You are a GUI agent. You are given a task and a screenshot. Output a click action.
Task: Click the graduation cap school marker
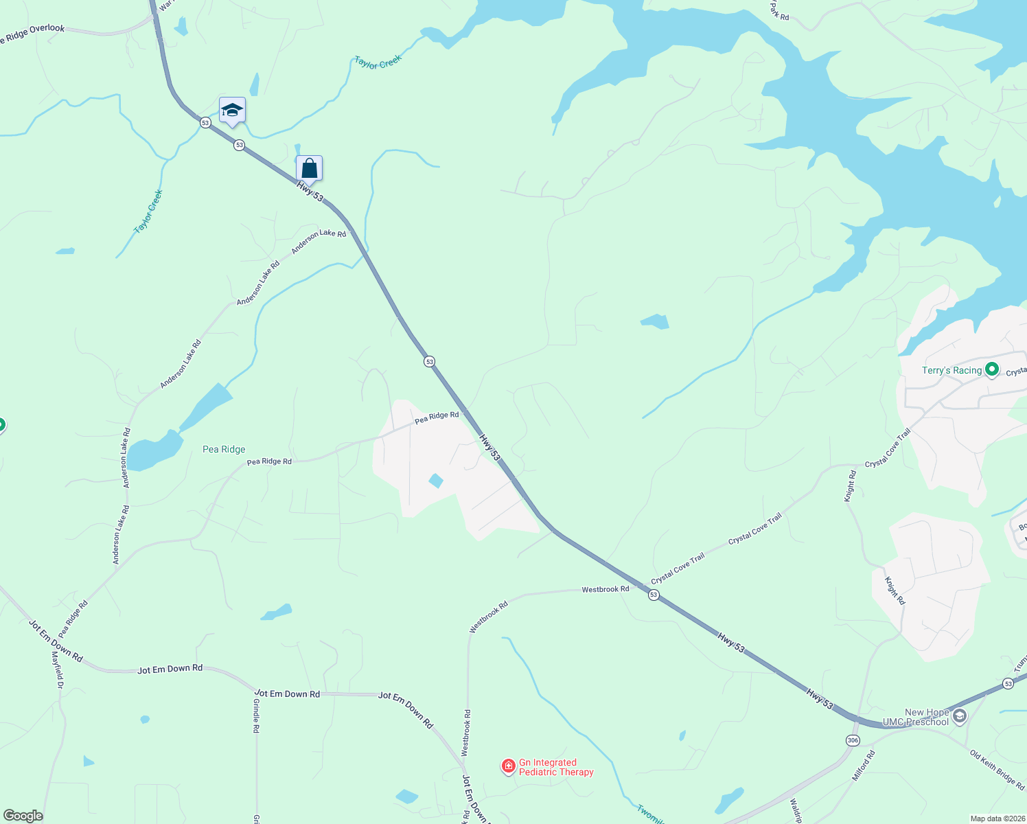point(232,110)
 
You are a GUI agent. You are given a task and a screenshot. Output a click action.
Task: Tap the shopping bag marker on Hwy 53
point(309,168)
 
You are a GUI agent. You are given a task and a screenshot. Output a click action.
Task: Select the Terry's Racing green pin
point(991,370)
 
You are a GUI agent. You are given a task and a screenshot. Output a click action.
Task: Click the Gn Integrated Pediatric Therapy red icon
point(508,766)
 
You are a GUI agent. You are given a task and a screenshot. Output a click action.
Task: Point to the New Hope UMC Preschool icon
point(960,717)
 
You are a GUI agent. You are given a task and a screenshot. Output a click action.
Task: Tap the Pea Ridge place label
point(224,449)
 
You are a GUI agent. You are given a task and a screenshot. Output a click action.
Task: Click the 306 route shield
point(853,740)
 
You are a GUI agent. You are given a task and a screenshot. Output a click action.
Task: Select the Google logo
point(23,816)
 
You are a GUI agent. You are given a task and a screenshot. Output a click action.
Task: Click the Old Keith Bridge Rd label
point(997,769)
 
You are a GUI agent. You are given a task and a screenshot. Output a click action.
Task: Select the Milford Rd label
point(864,765)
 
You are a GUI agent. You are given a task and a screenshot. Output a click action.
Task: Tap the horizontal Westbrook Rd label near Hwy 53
point(605,589)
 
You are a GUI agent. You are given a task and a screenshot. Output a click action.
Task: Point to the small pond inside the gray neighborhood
point(436,480)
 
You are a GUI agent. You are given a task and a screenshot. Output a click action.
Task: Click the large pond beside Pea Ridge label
point(154,452)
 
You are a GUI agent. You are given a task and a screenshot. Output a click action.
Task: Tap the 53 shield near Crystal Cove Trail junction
point(654,595)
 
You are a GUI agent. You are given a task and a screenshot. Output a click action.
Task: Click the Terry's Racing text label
point(951,370)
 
